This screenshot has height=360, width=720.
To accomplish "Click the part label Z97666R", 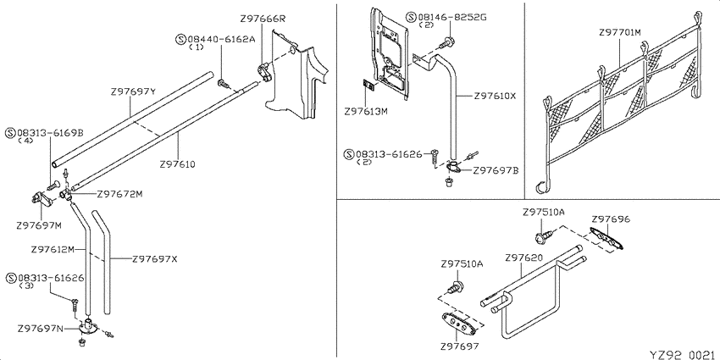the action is [263, 19].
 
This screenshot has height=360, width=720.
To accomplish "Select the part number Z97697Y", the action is [134, 91].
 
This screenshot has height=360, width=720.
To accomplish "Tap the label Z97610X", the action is [495, 97].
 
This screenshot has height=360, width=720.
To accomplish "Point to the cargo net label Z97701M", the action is [620, 32].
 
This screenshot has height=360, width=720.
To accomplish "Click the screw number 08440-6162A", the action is [221, 40].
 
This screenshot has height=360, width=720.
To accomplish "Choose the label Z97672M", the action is [119, 194].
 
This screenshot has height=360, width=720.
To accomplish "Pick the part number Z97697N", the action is [41, 329].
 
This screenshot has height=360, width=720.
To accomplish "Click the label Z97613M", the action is [366, 111].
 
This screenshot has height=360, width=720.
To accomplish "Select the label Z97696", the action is [611, 219].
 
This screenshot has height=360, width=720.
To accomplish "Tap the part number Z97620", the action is [524, 258].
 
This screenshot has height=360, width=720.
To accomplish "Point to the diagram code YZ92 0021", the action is [682, 355].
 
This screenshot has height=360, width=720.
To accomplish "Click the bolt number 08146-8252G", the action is [451, 18].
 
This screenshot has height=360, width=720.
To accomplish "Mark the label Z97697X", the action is [154, 259].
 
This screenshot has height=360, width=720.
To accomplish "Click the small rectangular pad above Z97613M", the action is [368, 86].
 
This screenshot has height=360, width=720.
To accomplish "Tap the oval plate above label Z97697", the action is [456, 321].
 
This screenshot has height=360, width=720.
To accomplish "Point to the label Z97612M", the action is [53, 250].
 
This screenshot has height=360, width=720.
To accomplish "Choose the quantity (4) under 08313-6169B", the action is [25, 141].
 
